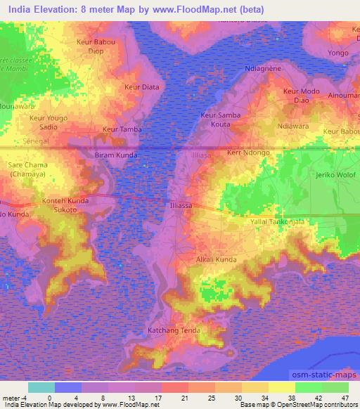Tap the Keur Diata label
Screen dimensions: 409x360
[x=136, y=86]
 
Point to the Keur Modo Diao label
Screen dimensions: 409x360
[x=301, y=96]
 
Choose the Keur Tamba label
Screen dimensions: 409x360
[x=122, y=129]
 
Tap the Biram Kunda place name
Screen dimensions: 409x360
[x=116, y=155]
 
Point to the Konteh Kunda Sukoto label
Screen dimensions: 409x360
[x=69, y=204]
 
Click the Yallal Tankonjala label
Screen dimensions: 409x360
[x=277, y=222]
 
